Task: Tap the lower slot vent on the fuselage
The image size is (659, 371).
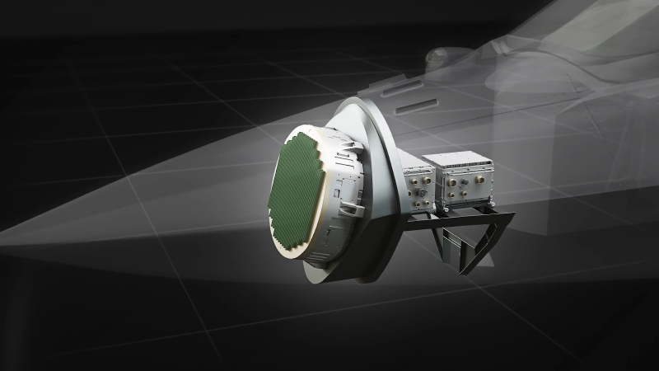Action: coord(409,109)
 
